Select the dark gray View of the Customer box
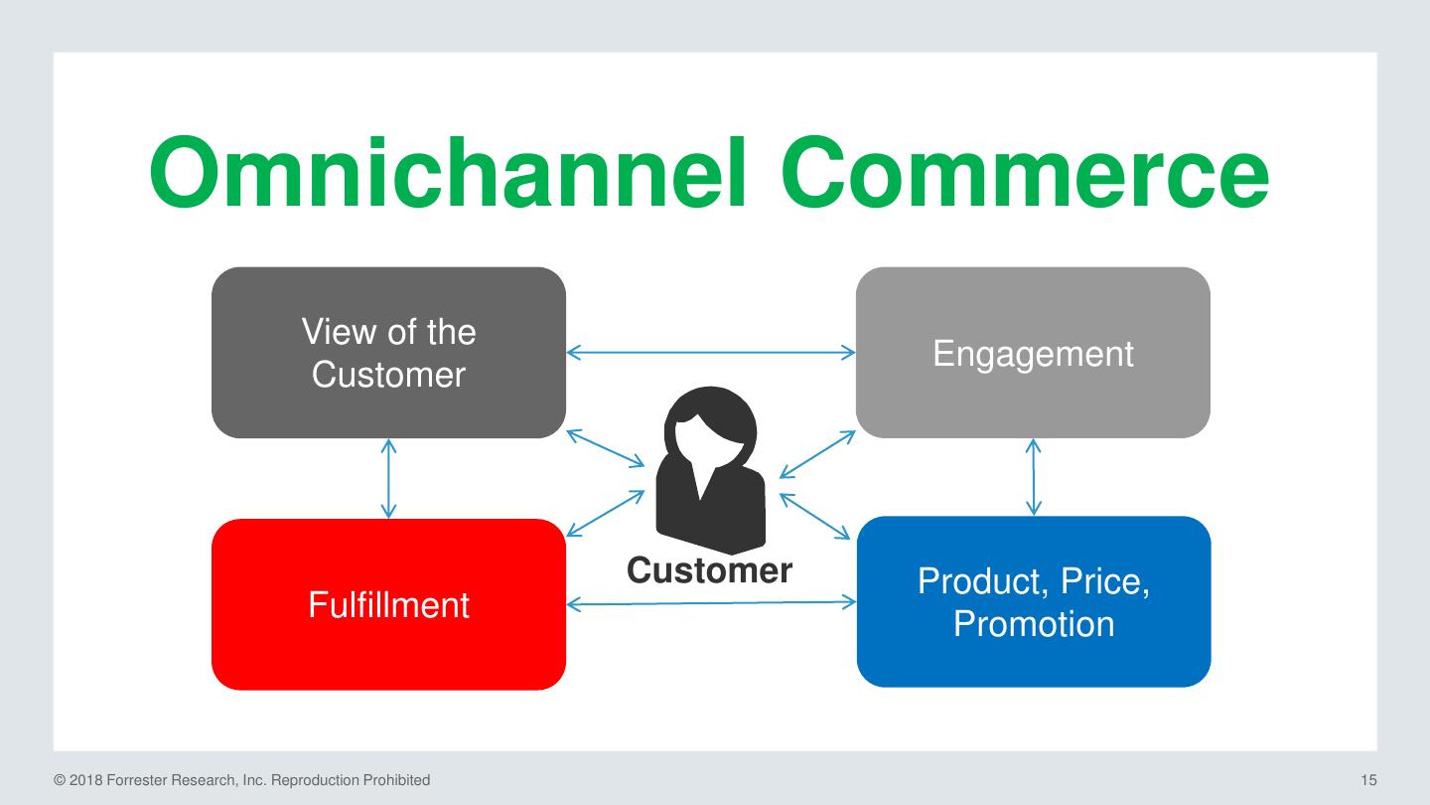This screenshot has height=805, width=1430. click(x=388, y=353)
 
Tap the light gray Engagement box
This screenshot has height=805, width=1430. click(x=1033, y=353)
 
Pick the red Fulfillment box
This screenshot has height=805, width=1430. click(x=388, y=604)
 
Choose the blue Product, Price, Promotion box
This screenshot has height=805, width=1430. click(x=1034, y=602)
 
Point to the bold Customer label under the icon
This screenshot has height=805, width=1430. click(x=709, y=570)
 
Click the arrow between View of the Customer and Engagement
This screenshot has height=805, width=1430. click(x=711, y=352)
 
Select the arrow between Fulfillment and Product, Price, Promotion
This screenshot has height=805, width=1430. click(x=711, y=602)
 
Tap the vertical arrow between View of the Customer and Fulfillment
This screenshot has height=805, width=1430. click(x=388, y=478)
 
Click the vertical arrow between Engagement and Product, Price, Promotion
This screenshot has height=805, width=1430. click(x=1034, y=477)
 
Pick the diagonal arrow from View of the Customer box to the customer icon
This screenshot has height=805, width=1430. click(x=606, y=447)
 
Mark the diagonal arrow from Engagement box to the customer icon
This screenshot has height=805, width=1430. click(x=817, y=454)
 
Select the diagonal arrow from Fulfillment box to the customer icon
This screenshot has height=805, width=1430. click(x=606, y=514)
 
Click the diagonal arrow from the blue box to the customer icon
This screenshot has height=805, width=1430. click(x=816, y=517)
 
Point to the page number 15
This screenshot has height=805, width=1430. click(x=1368, y=780)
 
